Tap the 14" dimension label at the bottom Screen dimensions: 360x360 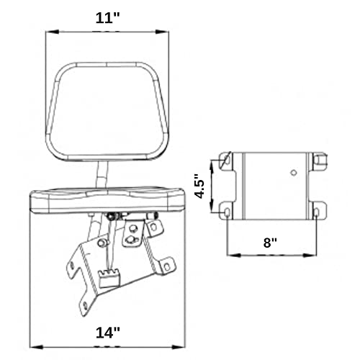106,333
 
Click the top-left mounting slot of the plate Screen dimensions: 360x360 225,160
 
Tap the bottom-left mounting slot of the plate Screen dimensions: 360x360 225,212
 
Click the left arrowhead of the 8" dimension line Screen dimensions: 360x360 230,254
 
